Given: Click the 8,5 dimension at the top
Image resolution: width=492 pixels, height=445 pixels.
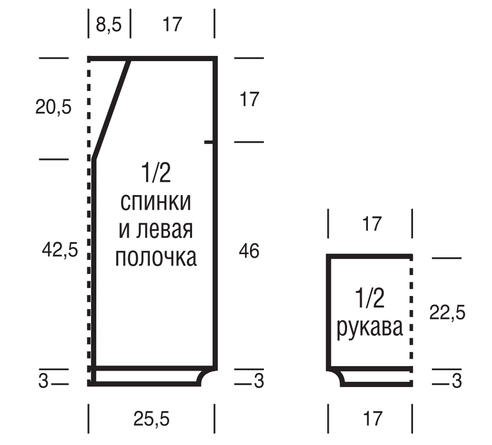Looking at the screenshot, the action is pyautogui.click(x=108, y=25).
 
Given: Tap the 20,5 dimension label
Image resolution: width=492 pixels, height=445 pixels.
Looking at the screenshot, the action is pyautogui.click(x=53, y=107).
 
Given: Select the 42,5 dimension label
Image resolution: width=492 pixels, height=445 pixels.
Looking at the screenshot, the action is pyautogui.click(x=60, y=250).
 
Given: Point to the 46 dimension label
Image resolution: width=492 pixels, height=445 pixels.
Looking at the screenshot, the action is pyautogui.click(x=249, y=251).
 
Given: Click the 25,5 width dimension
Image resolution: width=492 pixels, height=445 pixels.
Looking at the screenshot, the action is pyautogui.click(x=152, y=419).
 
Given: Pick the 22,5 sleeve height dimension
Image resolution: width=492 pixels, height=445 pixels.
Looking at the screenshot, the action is pyautogui.click(x=447, y=312).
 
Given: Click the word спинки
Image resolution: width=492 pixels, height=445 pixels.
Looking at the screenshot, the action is pyautogui.click(x=155, y=202).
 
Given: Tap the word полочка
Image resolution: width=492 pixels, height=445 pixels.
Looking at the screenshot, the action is pyautogui.click(x=156, y=258).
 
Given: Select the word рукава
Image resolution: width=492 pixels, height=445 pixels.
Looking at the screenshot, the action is pyautogui.click(x=370, y=328).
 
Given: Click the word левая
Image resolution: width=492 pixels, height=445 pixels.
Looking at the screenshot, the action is pyautogui.click(x=165, y=230).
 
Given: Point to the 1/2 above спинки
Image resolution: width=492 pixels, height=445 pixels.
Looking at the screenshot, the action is pyautogui.click(x=156, y=173).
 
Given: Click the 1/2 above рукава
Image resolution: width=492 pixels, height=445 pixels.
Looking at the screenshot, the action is pyautogui.click(x=370, y=298).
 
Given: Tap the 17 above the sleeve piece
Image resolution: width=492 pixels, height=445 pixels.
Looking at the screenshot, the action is pyautogui.click(x=372, y=224).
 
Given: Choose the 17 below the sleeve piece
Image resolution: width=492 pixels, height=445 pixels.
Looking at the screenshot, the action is pyautogui.click(x=373, y=419).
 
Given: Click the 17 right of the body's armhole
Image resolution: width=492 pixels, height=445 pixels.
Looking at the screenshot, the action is pyautogui.click(x=250, y=99).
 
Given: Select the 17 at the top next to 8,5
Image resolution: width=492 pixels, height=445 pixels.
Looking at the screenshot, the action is pyautogui.click(x=172, y=25).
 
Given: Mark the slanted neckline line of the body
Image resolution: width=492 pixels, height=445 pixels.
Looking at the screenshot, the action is pyautogui.click(x=111, y=109).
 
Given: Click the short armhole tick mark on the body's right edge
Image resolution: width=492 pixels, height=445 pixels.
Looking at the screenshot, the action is pyautogui.click(x=209, y=142).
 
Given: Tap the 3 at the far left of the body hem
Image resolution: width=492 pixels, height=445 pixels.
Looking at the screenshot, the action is pyautogui.click(x=43, y=381).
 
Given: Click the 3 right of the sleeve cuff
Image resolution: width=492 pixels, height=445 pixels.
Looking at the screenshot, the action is pyautogui.click(x=457, y=381).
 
